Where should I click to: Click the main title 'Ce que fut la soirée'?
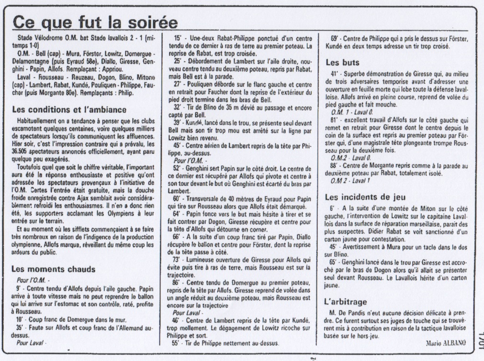click(x=95, y=22)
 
